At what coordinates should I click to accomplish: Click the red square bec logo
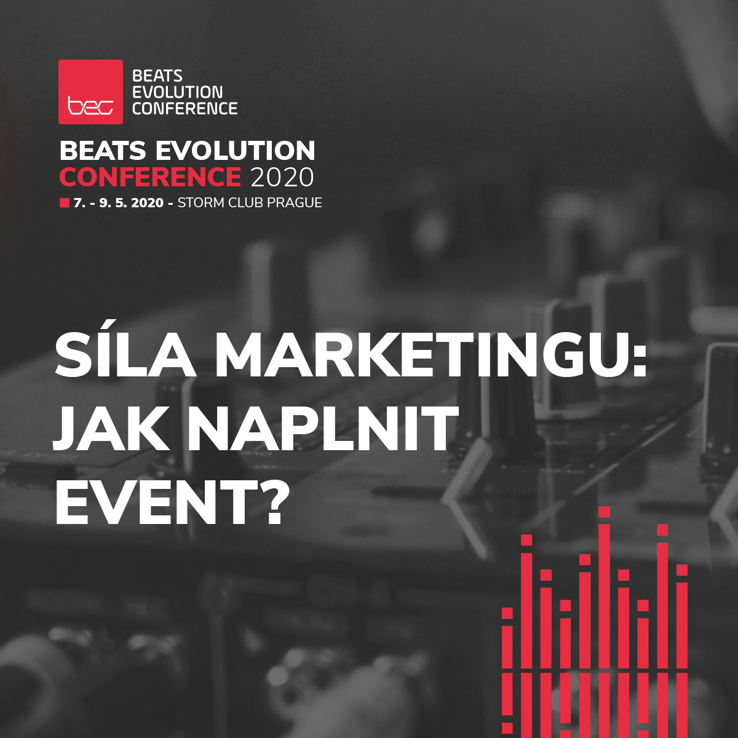(90, 92)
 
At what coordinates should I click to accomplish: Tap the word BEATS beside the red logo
(157, 76)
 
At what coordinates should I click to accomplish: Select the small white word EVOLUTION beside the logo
(178, 92)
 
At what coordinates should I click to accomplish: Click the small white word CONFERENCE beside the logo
(184, 109)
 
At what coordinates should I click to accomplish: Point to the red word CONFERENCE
(150, 177)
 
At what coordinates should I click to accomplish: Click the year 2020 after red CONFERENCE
(282, 177)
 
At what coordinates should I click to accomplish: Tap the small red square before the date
(64, 203)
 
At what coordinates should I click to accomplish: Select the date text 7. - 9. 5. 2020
(119, 203)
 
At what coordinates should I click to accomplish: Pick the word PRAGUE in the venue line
(295, 203)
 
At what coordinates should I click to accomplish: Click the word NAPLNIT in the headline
(323, 429)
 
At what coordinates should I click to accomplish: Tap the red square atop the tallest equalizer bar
(604, 512)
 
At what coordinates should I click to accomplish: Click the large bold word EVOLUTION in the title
(235, 151)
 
